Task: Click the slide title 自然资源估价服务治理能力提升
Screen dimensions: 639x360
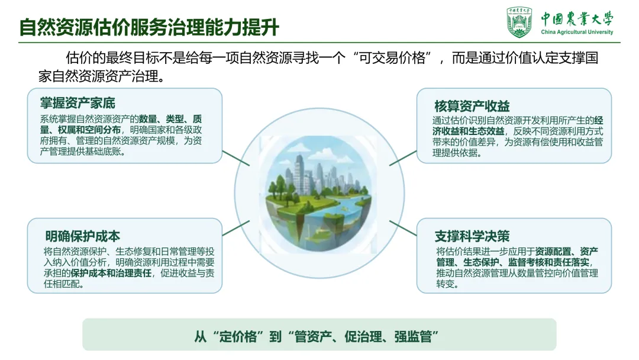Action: point(149,27)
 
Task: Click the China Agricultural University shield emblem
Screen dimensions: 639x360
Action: point(519,22)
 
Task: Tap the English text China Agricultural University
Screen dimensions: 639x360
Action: point(577,32)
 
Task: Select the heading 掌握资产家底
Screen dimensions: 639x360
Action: point(78,103)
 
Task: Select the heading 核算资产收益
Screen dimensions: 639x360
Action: point(472,106)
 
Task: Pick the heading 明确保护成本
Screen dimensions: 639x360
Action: point(83,236)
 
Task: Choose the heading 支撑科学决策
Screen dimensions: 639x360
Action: point(472,236)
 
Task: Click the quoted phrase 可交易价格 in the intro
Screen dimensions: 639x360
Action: point(392,58)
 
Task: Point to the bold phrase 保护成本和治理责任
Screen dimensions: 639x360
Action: point(111,273)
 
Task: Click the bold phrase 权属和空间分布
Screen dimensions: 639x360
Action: point(89,130)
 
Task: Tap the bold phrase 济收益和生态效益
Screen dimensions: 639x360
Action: point(469,131)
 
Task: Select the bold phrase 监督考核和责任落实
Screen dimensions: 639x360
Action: point(548,262)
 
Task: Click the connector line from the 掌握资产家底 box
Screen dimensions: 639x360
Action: point(236,158)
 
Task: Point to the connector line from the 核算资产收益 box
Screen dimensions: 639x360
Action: point(403,158)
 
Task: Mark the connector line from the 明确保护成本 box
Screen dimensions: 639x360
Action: point(236,229)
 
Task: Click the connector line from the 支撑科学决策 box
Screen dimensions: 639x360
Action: point(403,229)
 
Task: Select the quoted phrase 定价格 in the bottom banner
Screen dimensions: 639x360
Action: point(238,337)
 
